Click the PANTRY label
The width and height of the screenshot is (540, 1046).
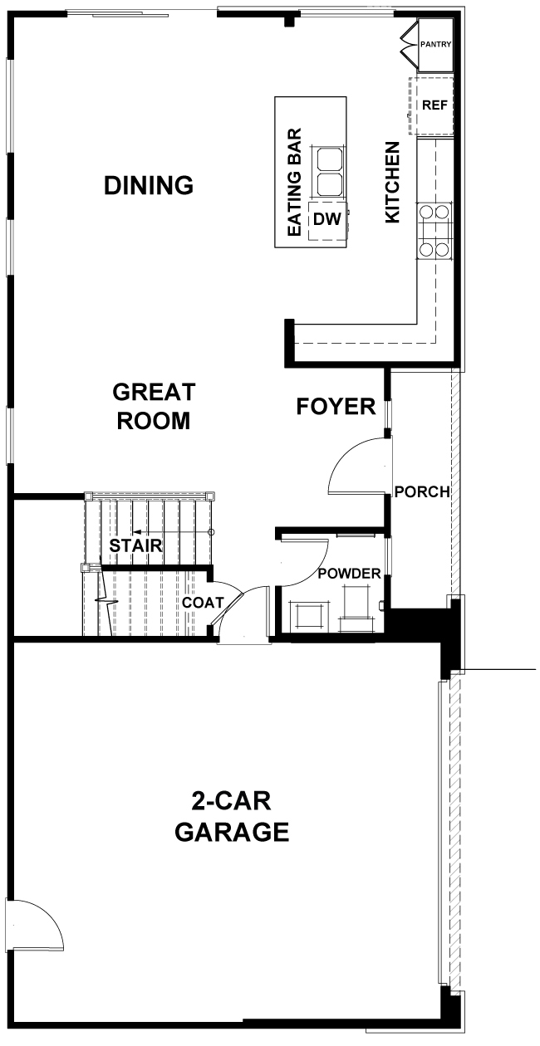click(x=435, y=44)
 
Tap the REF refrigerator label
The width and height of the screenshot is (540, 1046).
click(x=434, y=105)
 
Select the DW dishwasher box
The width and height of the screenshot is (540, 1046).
click(x=327, y=222)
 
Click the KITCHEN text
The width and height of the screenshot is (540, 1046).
click(x=392, y=182)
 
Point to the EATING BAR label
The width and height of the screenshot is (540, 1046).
click(x=294, y=182)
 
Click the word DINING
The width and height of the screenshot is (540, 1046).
click(x=149, y=185)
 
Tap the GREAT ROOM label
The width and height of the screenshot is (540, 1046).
click(x=154, y=406)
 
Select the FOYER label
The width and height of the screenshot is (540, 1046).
click(x=336, y=406)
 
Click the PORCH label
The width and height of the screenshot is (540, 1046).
click(x=422, y=491)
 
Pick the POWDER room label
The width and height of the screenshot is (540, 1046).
click(x=350, y=574)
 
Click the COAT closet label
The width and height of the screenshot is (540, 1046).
click(x=203, y=603)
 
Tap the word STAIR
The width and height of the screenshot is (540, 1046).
click(x=135, y=545)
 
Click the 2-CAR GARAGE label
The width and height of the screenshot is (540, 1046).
click(x=232, y=817)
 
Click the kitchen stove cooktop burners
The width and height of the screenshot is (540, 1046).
click(x=434, y=231)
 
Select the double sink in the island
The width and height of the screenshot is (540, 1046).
click(x=329, y=171)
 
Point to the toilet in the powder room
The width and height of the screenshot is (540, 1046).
click(x=358, y=604)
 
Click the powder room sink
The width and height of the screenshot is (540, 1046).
click(x=307, y=615)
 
